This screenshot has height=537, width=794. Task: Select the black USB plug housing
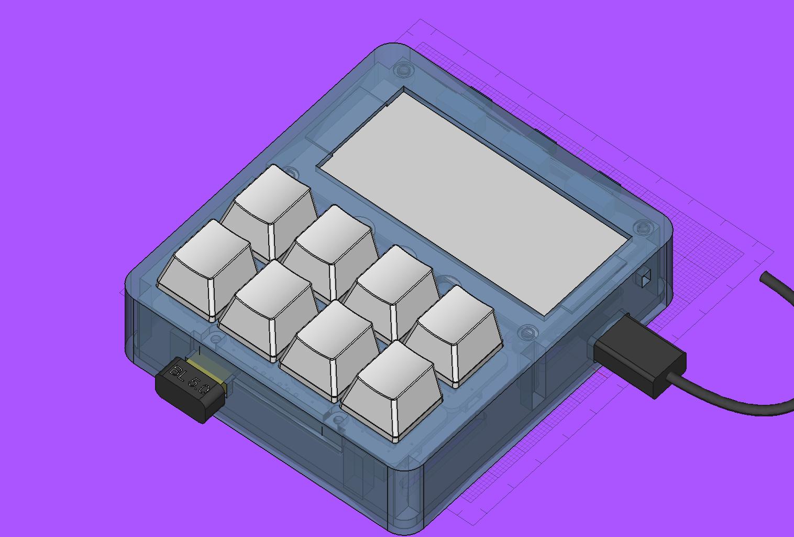(639, 355)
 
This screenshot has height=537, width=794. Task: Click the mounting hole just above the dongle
(215, 339)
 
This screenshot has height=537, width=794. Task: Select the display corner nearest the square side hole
(627, 240)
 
